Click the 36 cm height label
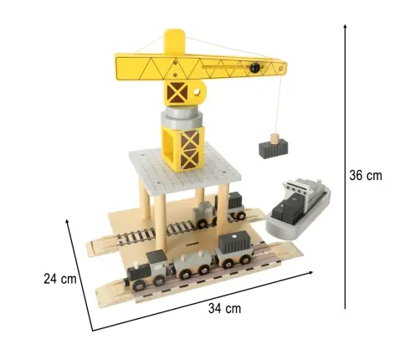[366, 176]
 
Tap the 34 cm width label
[224, 309]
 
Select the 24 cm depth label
[60, 279]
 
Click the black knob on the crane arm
[254, 68]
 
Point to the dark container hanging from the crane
[274, 149]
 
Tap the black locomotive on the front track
[147, 270]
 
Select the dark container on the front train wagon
[233, 243]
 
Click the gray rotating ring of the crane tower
[182, 118]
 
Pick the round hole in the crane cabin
[197, 91]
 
